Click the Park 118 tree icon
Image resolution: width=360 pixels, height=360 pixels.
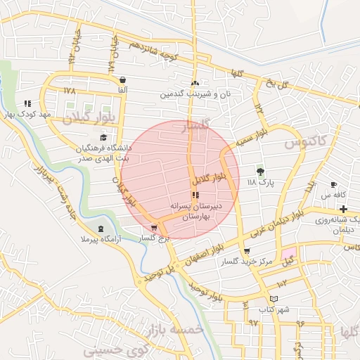tap(260, 171)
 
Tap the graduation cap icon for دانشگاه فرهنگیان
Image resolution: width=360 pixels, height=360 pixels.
tap(104, 137)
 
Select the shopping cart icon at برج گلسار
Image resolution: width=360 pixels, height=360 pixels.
tap(154, 228)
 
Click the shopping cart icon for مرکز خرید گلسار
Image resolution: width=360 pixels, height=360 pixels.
tap(246, 251)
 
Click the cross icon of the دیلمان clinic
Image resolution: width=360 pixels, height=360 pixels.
tap(343, 209)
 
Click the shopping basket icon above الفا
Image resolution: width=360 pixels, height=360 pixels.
tap(123, 79)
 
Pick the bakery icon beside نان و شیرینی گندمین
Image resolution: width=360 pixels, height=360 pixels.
tap(195, 83)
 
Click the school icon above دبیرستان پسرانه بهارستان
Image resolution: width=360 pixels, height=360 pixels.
tap(194, 195)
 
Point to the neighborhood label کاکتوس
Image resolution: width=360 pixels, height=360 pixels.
tap(306, 143)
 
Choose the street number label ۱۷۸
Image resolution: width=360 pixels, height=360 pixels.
tap(69, 91)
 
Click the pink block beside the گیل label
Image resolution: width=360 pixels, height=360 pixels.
tap(290, 252)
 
